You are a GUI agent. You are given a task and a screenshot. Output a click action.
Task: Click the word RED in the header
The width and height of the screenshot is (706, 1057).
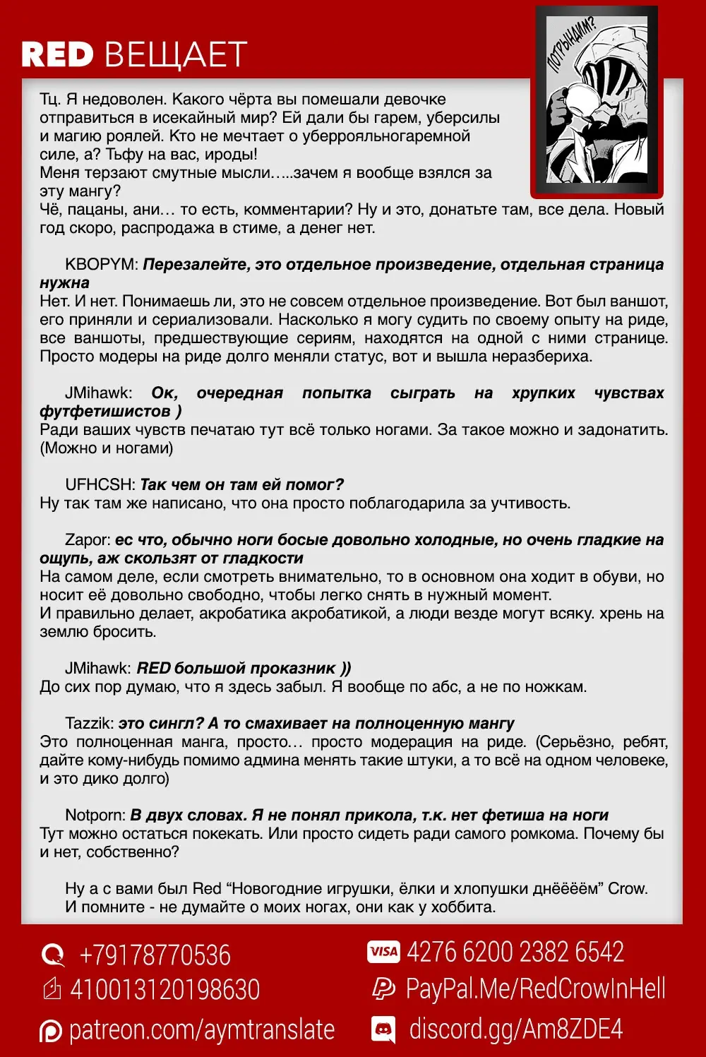[x=57, y=54]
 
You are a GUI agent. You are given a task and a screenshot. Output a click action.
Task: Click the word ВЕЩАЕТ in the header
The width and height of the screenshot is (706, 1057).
[x=176, y=54]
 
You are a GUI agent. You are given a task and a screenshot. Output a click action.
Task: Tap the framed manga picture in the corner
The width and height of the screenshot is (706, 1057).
[x=597, y=101]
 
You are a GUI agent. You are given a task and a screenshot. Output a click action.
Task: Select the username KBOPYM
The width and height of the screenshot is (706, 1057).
[x=102, y=265]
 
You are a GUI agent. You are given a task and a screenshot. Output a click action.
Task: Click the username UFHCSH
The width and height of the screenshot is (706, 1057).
[x=100, y=485]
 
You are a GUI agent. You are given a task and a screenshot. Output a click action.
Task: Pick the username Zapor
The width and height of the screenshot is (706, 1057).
[x=88, y=540]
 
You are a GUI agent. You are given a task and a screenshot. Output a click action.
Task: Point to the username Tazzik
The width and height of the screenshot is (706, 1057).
[x=89, y=724]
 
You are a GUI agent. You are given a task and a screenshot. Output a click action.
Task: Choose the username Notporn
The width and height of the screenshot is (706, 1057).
[x=95, y=816]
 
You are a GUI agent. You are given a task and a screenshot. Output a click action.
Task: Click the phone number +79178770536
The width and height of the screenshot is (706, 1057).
[x=155, y=955]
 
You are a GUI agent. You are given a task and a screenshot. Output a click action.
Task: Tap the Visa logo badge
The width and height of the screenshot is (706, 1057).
[x=383, y=952]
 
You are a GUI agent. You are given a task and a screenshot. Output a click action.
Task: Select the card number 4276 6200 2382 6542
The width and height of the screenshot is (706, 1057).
[x=515, y=952]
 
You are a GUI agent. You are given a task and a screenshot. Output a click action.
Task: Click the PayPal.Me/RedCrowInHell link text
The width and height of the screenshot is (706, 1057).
[x=535, y=989]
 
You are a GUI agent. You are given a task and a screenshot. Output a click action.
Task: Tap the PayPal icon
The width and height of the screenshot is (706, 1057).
[x=383, y=989]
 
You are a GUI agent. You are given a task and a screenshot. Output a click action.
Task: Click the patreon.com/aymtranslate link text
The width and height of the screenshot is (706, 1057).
[x=201, y=1030]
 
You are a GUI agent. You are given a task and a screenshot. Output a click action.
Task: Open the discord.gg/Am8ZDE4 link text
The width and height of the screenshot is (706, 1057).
[x=516, y=1029]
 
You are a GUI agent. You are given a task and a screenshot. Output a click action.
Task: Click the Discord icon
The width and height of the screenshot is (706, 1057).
[x=383, y=1029]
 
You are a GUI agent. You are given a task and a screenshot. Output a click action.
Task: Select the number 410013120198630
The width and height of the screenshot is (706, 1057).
[x=164, y=990]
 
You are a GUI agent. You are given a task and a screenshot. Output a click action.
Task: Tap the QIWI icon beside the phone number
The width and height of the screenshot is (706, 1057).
[x=53, y=955]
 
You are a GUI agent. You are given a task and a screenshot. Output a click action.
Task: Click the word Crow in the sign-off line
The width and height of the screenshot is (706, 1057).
[x=627, y=889]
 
